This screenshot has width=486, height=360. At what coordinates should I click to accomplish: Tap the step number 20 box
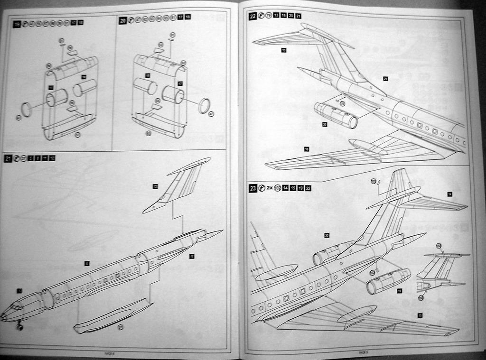pyautogui.click(x=123, y=20)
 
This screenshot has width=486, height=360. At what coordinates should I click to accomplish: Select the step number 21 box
pyautogui.click(x=8, y=158)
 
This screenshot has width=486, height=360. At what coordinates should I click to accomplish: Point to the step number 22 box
pyautogui.click(x=253, y=16)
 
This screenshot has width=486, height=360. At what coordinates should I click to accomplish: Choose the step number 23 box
pyautogui.click(x=253, y=188)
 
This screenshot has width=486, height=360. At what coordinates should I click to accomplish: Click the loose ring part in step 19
pyautogui.click(x=27, y=109)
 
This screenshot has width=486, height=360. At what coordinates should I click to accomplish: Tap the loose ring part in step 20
pyautogui.click(x=204, y=105)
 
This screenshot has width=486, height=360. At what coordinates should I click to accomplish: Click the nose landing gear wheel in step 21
pyautogui.click(x=19, y=326)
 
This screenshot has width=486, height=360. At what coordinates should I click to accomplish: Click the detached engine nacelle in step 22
pyautogui.click(x=336, y=115)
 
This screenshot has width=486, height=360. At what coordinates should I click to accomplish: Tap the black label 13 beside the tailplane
pyautogui.click(x=283, y=50)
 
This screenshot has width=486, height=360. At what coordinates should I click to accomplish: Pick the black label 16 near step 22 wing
pyautogui.click(x=307, y=149)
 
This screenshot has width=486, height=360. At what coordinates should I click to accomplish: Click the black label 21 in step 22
pyautogui.click(x=385, y=78)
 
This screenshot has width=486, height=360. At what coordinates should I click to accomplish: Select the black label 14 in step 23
pyautogui.click(x=449, y=194)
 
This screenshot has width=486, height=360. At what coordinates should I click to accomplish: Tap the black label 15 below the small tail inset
pyautogui.click(x=420, y=315)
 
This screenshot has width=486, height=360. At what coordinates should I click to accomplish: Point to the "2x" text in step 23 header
pyautogui.click(x=269, y=188)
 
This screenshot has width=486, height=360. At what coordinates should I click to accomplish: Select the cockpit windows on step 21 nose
pyautogui.click(x=17, y=307)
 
